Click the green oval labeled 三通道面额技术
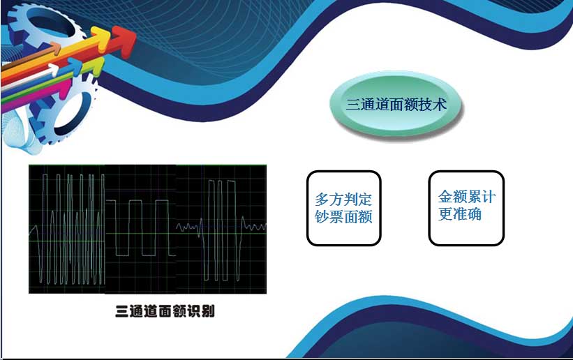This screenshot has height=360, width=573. tap(396, 104)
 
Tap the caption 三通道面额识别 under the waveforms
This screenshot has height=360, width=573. tap(165, 311)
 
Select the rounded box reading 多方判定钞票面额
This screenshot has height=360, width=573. tap(344, 208)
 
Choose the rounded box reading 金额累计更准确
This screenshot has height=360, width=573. tap(466, 208)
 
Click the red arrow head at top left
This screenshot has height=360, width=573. tap(124, 41)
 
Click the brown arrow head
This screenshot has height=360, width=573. tap(56, 48)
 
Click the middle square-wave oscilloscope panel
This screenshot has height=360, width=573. tap(141, 229)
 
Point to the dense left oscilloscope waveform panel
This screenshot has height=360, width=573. tap(67, 229)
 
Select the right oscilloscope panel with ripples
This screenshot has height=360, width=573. tap(221, 229)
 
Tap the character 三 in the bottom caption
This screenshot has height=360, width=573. tap(121, 311)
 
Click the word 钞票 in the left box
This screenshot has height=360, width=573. tap(329, 217)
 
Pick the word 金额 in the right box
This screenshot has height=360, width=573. tap(452, 197)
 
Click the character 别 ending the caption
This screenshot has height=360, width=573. tap(208, 311)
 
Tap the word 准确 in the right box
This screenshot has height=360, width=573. tap(467, 214)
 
